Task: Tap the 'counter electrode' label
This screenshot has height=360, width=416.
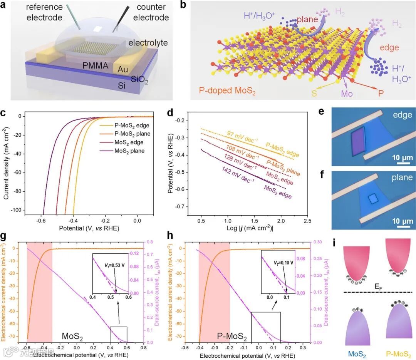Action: pos(149,13)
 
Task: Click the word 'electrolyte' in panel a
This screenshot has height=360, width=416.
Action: pos(149,42)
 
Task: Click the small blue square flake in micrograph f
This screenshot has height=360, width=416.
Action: pos(372,199)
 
